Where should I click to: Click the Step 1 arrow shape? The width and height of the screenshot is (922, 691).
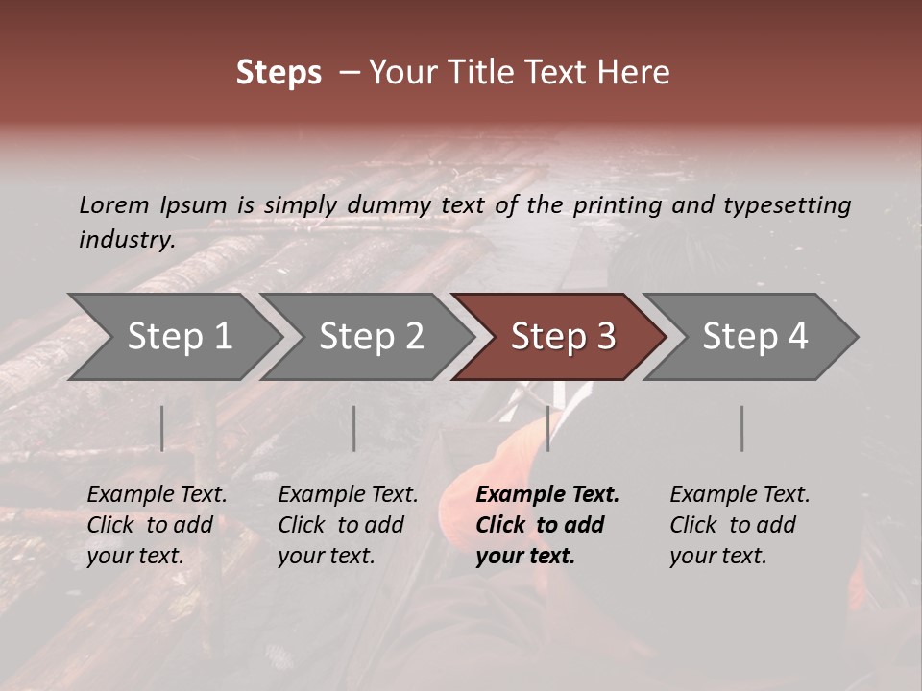coord(179,337)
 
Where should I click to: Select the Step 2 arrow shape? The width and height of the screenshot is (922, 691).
coord(371,337)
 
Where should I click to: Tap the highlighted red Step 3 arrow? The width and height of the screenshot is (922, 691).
coord(562,337)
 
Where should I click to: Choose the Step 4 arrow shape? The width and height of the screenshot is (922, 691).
coord(754,337)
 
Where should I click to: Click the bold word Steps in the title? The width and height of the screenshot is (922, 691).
coord(279,73)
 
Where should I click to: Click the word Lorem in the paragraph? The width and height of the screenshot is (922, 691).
coord(114,204)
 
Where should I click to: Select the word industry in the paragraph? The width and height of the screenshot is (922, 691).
coord(126,240)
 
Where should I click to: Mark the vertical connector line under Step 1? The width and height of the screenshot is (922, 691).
coord(162,428)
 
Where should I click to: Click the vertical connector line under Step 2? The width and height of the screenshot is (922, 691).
coord(354,428)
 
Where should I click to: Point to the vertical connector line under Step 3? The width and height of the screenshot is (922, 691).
coord(548,428)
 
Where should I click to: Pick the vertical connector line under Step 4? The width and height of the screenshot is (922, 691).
coord(742,428)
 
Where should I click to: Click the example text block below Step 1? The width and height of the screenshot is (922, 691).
coord(157,525)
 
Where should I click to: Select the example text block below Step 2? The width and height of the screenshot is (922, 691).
coord(348,525)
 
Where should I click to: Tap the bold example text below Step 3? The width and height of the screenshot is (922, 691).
coord(546,525)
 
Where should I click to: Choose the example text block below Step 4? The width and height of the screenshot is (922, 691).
coord(740,525)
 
